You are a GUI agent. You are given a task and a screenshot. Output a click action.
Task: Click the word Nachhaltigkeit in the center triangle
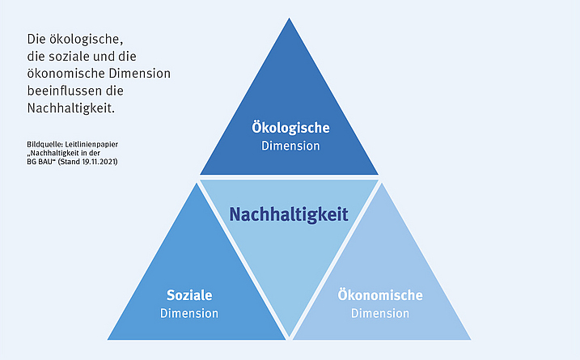point(289,214)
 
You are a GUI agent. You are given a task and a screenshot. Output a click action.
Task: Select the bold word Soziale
point(189,295)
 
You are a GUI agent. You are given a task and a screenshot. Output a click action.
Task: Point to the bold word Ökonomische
point(380,295)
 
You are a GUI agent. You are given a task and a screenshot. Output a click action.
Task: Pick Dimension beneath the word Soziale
point(189,313)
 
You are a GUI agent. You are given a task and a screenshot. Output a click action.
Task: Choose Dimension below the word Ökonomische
point(380,313)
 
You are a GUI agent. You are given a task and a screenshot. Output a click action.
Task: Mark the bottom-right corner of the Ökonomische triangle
point(469,337)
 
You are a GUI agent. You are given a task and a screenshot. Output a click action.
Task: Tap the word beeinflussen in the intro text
point(63,90)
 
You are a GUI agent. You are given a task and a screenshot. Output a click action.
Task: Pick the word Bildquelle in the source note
point(44,144)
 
